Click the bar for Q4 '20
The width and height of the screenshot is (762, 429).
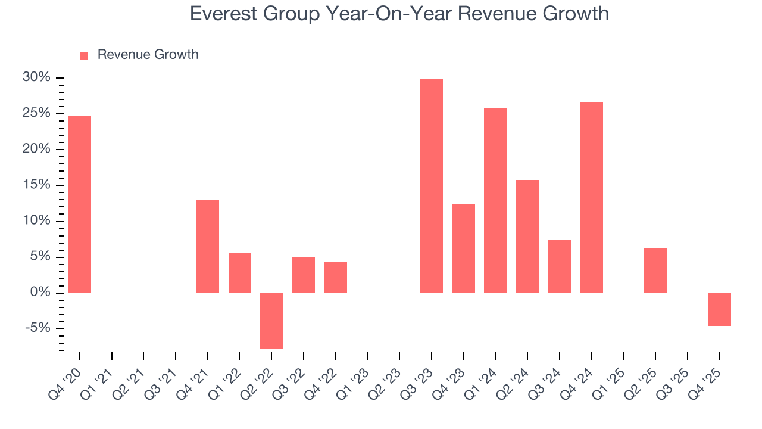click(80, 204)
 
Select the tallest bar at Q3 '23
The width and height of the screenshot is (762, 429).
click(432, 186)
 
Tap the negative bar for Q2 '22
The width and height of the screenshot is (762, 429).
click(271, 321)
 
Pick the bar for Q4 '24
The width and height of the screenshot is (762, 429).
click(592, 197)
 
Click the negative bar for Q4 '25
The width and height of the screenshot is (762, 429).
click(720, 309)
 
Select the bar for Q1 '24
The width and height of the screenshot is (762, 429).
click(495, 200)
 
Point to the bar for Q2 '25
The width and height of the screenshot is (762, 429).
click(655, 271)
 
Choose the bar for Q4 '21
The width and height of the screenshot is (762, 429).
click(208, 246)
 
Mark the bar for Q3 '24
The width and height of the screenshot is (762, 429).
click(560, 266)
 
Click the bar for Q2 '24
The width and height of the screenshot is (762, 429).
click(527, 236)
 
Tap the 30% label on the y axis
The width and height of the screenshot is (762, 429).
click(36, 77)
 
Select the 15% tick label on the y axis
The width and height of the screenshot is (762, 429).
click(36, 185)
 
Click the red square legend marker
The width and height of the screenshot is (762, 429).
click(84, 55)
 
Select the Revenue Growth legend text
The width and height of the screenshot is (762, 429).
click(148, 55)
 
